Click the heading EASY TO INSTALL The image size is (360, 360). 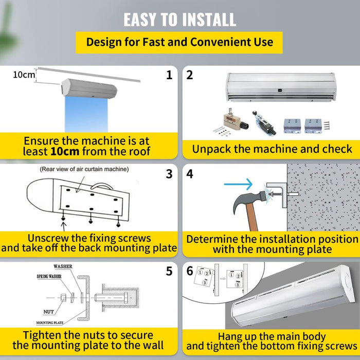tap(179, 19)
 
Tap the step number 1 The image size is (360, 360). tap(169, 75)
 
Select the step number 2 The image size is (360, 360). tap(190, 75)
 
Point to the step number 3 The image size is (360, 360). tap(169, 174)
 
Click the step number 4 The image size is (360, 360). tap(190, 174)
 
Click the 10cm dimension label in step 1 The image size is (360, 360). tap(24, 75)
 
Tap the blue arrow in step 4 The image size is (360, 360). tap(239, 184)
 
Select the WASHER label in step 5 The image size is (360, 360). tap(63, 267)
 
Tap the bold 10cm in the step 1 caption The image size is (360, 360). tap(65, 151)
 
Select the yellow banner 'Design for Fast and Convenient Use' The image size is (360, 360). tap(179, 42)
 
